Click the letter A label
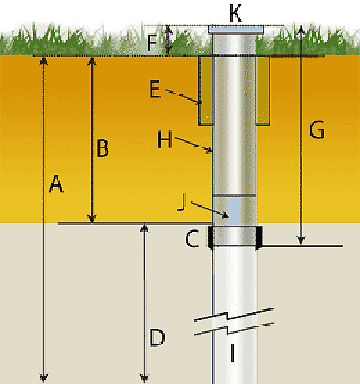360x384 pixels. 57,183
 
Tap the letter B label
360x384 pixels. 103,148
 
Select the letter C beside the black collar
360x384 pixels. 192,239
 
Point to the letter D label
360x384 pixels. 157,338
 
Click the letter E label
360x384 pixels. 155,89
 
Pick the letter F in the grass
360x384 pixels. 152,43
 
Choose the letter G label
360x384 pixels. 317,129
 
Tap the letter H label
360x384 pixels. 166,140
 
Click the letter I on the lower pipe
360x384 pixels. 232,353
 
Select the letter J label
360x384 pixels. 182,202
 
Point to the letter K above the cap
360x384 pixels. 236,13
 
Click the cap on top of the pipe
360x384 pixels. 236,30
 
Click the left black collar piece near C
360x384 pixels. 211,237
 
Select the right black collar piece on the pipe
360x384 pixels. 259,237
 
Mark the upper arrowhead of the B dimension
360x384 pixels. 92,60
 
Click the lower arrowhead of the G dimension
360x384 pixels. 301,240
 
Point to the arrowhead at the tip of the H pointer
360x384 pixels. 209,151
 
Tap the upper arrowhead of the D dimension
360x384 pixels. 145,228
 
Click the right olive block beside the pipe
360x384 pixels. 263,90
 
